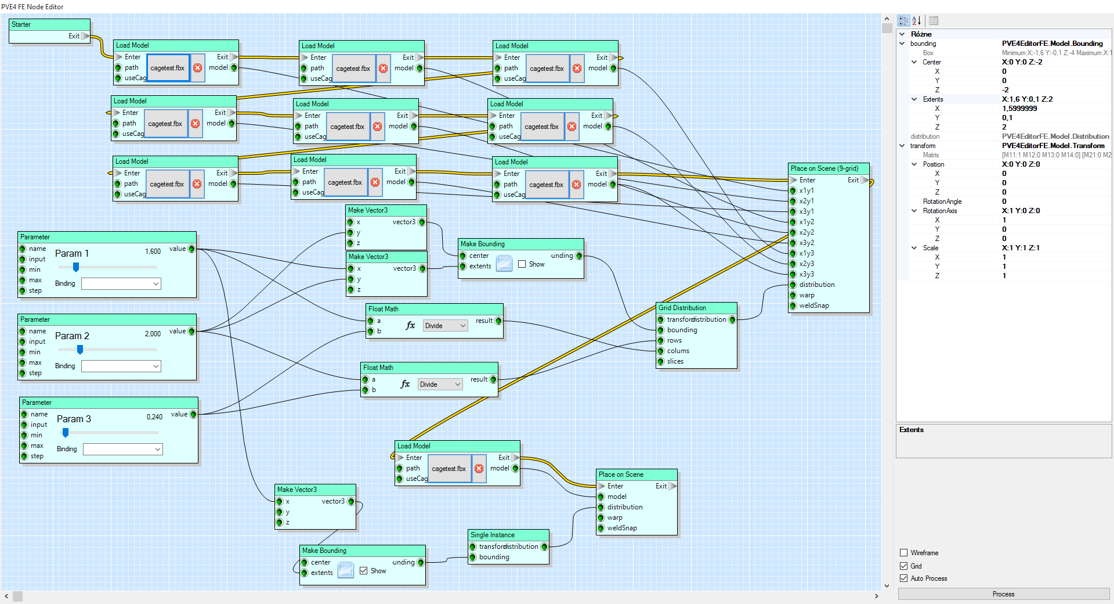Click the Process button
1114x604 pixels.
point(1003,594)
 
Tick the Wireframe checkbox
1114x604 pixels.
point(903,553)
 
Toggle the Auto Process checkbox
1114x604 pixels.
point(903,578)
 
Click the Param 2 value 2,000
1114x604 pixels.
point(153,334)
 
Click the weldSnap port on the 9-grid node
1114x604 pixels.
point(793,305)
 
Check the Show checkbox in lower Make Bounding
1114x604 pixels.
point(364,571)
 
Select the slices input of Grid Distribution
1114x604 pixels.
point(660,361)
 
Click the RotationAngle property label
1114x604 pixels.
point(942,202)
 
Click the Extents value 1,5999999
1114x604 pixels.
point(1019,109)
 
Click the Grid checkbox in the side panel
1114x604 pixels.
point(903,566)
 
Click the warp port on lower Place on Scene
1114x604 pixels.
point(601,517)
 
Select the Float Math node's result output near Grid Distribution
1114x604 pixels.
point(498,321)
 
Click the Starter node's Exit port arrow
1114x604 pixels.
point(85,36)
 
